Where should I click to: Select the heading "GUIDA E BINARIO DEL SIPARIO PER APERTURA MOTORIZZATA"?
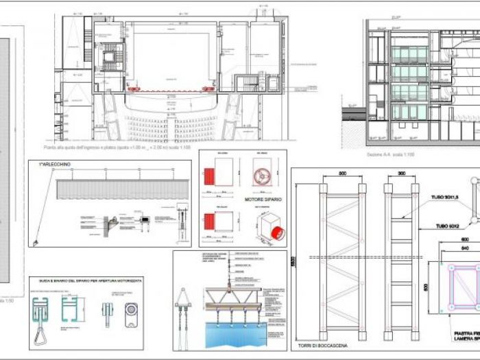pos(87,280)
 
